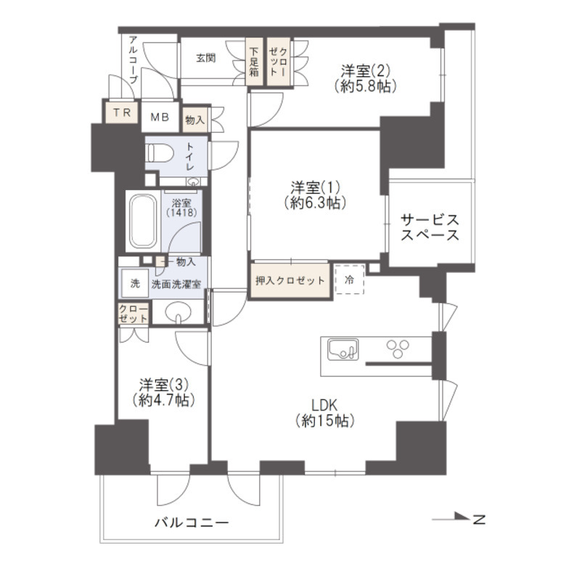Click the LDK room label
click(324, 412)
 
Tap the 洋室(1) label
click(314, 194)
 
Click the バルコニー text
click(192, 522)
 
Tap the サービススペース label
click(430, 227)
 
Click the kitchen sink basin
click(342, 350)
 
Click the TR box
click(121, 113)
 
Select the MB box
click(158, 115)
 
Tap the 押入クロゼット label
click(290, 280)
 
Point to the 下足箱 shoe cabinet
click(255, 62)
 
